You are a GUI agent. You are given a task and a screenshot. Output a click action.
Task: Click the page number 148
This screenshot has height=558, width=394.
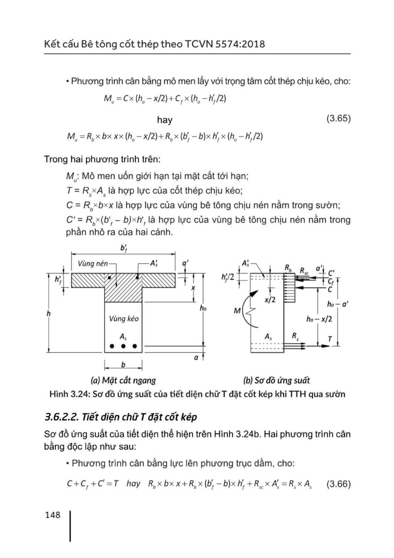[53, 514]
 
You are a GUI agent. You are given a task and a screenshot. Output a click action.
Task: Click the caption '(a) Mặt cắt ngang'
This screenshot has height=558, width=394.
[122, 379]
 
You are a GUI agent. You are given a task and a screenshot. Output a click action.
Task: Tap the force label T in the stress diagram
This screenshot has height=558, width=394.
[330, 339]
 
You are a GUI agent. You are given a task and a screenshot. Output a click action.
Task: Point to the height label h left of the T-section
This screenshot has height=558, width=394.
[49, 314]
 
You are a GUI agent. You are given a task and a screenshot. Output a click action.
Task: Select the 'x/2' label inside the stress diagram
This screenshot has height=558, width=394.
[270, 300]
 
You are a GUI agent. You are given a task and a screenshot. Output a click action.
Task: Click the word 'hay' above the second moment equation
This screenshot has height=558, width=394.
[164, 119]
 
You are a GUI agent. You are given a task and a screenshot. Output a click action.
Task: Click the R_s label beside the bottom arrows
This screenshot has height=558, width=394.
[295, 337]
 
